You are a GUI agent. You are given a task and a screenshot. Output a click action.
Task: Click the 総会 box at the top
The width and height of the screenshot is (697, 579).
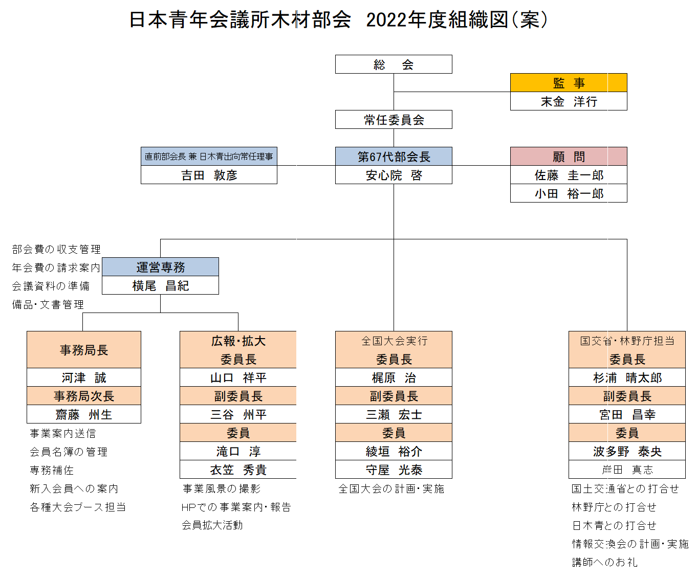(394, 64)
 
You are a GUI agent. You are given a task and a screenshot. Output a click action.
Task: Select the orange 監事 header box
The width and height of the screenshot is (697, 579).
(569, 83)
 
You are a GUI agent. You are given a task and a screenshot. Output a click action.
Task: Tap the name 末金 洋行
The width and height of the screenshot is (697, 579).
(569, 101)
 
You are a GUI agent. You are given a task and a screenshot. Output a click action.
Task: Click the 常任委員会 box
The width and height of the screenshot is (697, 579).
(394, 120)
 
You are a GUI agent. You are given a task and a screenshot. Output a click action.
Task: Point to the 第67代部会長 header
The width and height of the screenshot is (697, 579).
(394, 157)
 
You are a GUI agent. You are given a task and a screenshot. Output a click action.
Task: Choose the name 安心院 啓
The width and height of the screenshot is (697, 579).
(394, 175)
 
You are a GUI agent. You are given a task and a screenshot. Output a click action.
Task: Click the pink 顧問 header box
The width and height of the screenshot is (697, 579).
(569, 157)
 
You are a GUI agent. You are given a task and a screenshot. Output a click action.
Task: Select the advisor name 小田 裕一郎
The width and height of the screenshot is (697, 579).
(569, 193)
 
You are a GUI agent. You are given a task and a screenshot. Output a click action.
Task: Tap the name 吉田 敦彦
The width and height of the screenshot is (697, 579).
(209, 175)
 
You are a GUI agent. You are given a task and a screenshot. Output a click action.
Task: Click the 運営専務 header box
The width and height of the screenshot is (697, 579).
(160, 267)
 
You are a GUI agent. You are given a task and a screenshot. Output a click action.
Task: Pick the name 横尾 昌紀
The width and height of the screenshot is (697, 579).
(161, 285)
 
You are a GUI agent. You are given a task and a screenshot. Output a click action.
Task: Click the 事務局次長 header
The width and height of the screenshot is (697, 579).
(84, 396)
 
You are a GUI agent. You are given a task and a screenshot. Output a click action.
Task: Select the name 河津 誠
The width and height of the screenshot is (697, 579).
(84, 378)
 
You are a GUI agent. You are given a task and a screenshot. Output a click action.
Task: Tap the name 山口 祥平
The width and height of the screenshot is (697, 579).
(238, 378)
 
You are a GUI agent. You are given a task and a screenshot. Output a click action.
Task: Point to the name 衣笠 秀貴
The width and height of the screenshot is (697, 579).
(238, 470)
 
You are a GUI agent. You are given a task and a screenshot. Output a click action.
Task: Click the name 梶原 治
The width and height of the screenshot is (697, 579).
(394, 378)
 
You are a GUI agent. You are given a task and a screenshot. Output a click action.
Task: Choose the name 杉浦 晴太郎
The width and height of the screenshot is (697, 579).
(627, 378)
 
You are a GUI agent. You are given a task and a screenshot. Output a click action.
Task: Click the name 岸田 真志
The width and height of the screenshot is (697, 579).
(627, 470)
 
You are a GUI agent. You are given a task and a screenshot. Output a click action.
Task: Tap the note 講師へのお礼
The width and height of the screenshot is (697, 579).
(604, 562)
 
